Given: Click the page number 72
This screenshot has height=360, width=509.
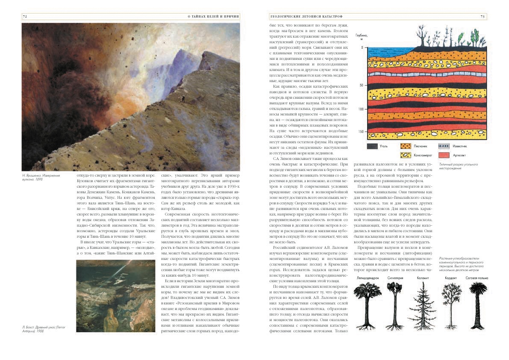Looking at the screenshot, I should tap(25, 16).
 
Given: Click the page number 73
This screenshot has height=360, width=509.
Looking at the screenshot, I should tap(482, 16).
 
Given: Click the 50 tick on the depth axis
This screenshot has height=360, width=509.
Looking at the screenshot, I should tap(361, 86).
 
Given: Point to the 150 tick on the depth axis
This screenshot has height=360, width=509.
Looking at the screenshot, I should tap(360, 132).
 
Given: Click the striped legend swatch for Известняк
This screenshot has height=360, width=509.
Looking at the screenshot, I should tap(444, 146).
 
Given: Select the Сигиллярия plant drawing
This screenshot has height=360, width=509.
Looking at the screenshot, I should tap(394, 306).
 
